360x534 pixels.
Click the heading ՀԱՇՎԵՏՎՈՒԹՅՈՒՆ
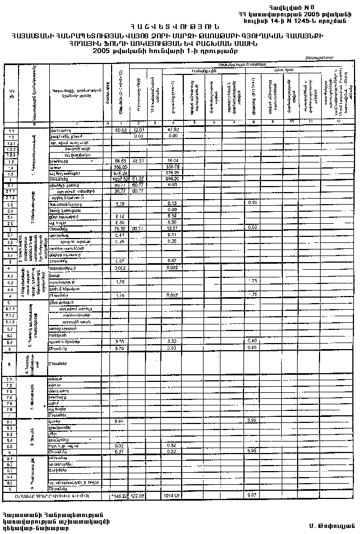179,26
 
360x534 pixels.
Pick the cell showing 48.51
138,161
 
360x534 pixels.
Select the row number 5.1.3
10,322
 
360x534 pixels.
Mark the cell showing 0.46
252,347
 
